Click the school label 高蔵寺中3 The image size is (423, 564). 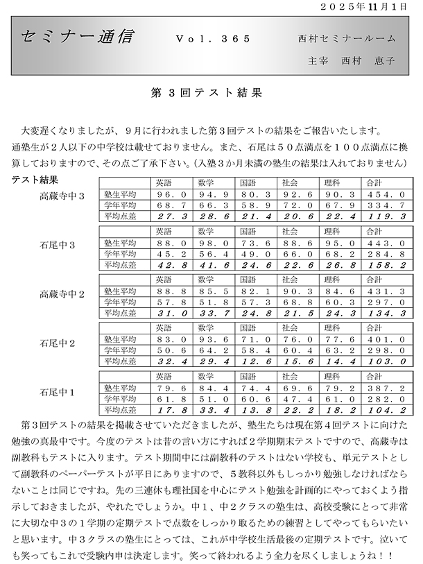click(x=62, y=196)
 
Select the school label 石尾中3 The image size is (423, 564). click(x=58, y=245)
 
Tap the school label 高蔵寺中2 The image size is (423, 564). click(x=62, y=294)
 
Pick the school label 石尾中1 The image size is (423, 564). click(x=58, y=392)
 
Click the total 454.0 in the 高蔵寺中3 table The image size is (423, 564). click(x=385, y=196)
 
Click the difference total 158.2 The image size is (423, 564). click(x=385, y=265)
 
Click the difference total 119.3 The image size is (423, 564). click(x=385, y=216)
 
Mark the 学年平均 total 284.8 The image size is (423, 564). click(x=385, y=255)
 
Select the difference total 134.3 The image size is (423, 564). click(x=385, y=314)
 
